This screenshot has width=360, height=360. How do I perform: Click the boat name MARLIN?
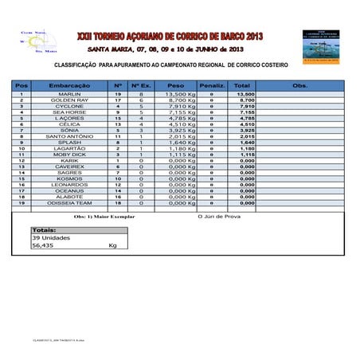pos(69,94)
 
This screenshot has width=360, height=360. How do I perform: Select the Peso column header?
pos(176,84)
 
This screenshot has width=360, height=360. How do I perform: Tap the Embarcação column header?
pos(69,84)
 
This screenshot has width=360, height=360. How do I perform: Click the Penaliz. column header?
pos(211,84)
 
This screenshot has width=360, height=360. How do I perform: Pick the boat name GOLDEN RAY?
pos(69,100)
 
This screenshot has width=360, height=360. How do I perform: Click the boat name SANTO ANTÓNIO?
pos(69,136)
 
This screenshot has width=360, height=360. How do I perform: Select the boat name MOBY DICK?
pos(69,155)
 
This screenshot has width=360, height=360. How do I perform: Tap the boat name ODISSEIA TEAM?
pos(69,203)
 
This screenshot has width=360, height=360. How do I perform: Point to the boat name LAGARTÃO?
pos(69,148)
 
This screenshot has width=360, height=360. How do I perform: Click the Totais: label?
pos(45,229)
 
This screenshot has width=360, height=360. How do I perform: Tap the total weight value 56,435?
pos(44,246)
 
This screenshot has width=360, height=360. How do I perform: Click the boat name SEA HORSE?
pos(69,112)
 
